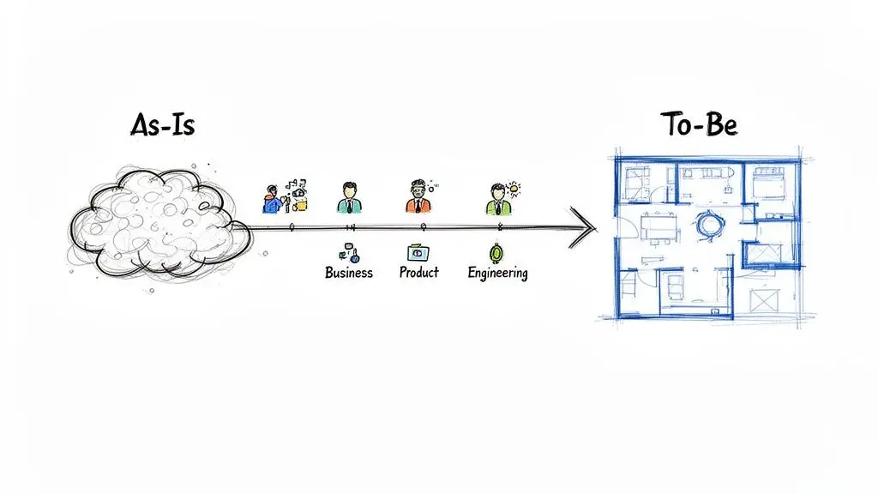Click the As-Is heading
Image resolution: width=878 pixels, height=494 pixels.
point(163,124)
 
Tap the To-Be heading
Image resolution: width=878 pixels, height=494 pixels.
point(700,123)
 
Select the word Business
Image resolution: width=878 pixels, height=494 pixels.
point(349,273)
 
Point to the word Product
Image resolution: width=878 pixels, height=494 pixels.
point(418,272)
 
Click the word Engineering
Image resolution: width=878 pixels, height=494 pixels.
point(498,274)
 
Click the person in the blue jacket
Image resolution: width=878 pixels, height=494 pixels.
point(273,200)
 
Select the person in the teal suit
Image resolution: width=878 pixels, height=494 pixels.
point(350,198)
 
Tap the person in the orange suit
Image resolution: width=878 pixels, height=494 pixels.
point(418,197)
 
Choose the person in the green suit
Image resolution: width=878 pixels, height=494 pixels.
point(498,199)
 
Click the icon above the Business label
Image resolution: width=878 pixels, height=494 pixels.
point(350,253)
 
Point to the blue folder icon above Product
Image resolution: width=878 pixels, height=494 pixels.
point(418,253)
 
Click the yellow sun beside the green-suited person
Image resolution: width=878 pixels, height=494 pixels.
point(514,190)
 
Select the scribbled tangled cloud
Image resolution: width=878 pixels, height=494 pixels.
point(159,223)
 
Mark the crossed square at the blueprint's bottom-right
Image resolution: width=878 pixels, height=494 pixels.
point(764,299)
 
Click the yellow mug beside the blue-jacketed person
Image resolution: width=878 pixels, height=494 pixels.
point(301,206)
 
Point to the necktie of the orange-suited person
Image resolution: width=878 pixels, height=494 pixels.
point(418,206)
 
